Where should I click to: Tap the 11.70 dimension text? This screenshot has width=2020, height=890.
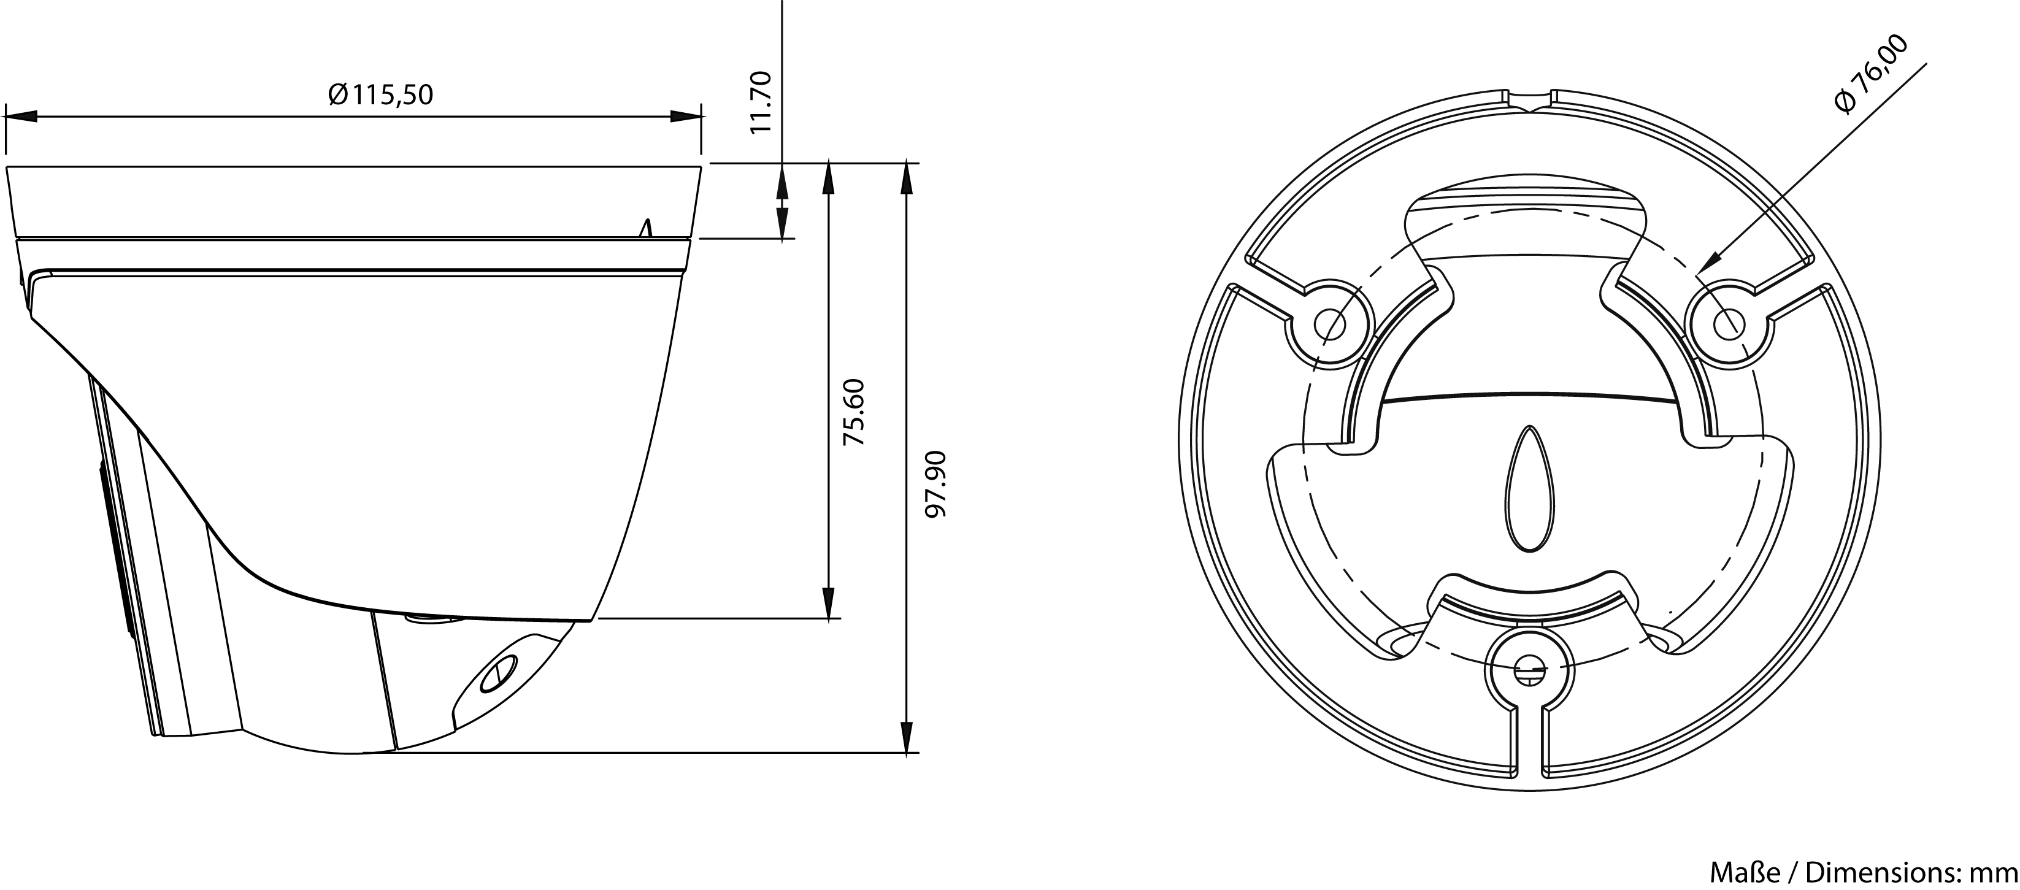(761, 102)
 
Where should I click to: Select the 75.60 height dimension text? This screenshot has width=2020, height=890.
(853, 412)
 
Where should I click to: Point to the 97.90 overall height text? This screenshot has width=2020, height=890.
(935, 484)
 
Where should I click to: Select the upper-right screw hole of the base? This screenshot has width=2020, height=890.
(1727, 323)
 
